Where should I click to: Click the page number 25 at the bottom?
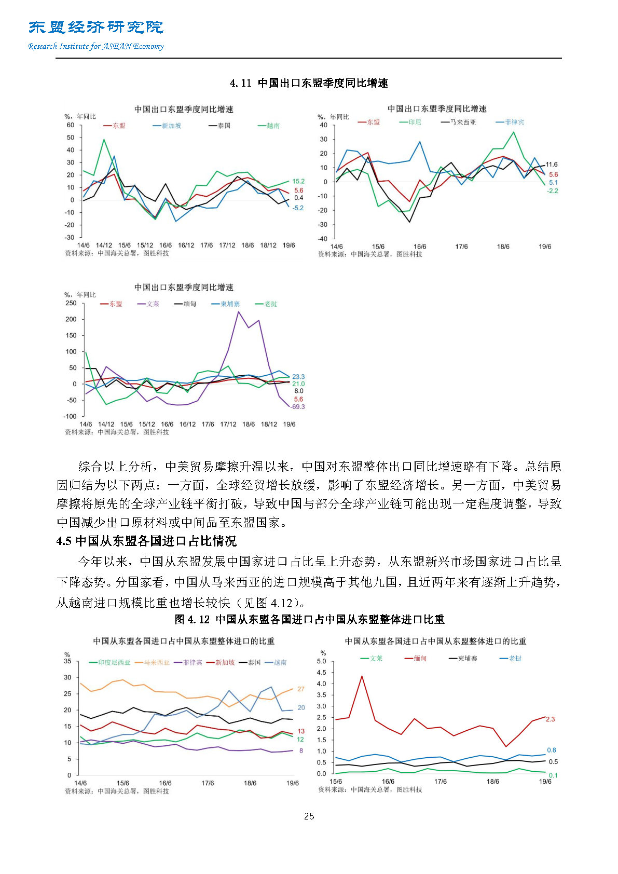309,816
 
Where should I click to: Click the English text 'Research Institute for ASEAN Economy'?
96,46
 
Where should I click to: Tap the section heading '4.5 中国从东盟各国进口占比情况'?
146,541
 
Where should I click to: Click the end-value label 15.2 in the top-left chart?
298,181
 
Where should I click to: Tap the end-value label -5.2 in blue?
298,208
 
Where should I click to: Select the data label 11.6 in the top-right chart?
552,165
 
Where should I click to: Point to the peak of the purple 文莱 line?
238,311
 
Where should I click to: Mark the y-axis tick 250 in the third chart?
71,303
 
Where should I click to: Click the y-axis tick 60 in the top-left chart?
71,125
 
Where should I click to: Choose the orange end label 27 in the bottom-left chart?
301,689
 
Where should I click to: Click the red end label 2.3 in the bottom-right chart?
550,719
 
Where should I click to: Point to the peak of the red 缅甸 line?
362,676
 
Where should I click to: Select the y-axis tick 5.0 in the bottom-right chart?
321,661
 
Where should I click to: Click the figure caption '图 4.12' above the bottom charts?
192,619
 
